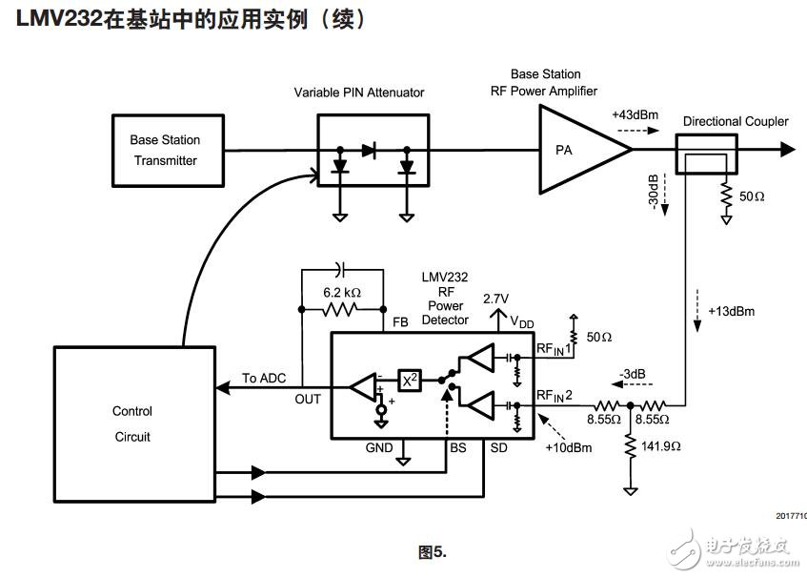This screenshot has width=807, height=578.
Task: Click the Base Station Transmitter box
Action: click(x=165, y=150)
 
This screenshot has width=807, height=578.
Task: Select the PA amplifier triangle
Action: click(x=576, y=150)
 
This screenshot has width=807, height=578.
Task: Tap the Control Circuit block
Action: click(x=131, y=424)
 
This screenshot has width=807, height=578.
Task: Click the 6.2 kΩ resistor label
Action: click(x=341, y=292)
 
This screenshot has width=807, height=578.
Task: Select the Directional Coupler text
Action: click(x=736, y=121)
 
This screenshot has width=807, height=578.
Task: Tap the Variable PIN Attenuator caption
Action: click(x=359, y=93)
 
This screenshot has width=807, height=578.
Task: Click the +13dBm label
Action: click(x=729, y=311)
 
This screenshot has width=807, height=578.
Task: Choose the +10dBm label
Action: click(x=564, y=448)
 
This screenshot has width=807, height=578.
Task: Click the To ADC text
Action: click(x=263, y=379)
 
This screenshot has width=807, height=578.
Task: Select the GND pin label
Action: click(x=379, y=446)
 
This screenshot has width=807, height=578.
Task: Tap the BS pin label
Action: click(x=457, y=446)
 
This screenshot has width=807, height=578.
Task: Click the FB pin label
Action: click(x=400, y=322)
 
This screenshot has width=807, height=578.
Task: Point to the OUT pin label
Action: click(x=308, y=400)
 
